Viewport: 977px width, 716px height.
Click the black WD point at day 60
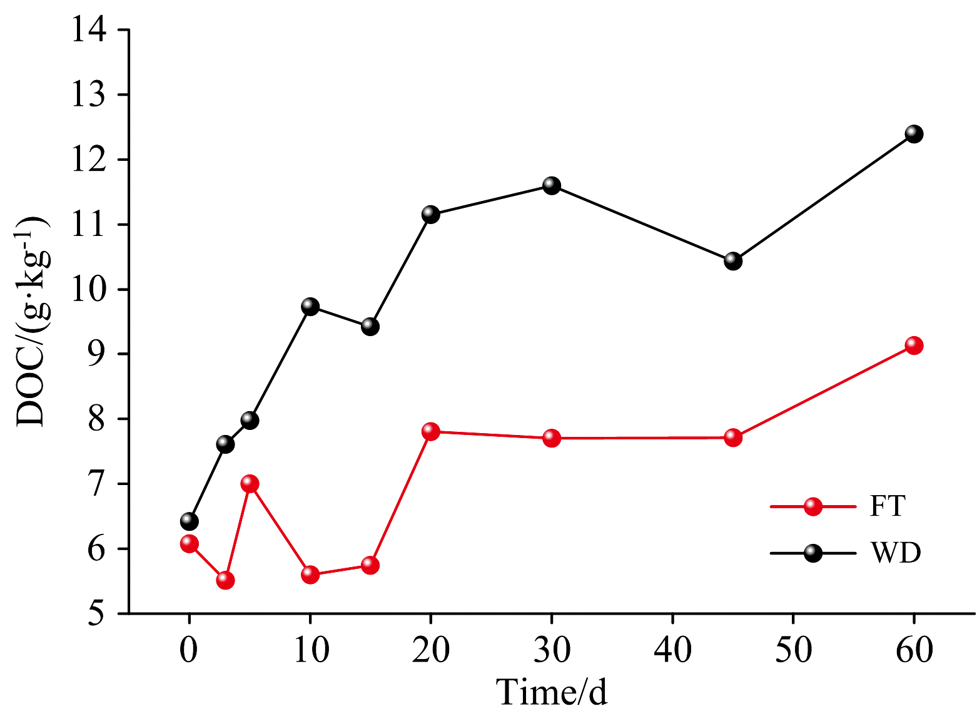tap(914, 134)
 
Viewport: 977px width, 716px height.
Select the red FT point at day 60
tap(914, 345)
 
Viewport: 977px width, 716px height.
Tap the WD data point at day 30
tap(551, 185)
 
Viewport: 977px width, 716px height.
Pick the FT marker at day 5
tap(250, 484)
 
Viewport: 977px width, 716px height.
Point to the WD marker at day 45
tap(733, 261)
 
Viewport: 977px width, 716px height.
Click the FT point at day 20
tap(430, 431)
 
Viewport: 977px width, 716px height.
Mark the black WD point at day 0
tap(189, 521)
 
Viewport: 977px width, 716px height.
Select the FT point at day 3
tap(225, 580)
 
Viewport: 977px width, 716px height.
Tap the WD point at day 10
tap(310, 307)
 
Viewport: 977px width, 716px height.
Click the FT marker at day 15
tap(370, 565)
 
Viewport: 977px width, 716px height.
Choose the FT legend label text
tap(887, 506)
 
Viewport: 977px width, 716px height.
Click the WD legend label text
tap(896, 553)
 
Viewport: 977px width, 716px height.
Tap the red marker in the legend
tap(812, 506)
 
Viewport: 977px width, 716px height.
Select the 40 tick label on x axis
tap(672, 650)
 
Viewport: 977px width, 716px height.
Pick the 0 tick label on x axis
tap(189, 650)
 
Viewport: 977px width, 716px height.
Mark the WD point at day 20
tap(430, 214)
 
